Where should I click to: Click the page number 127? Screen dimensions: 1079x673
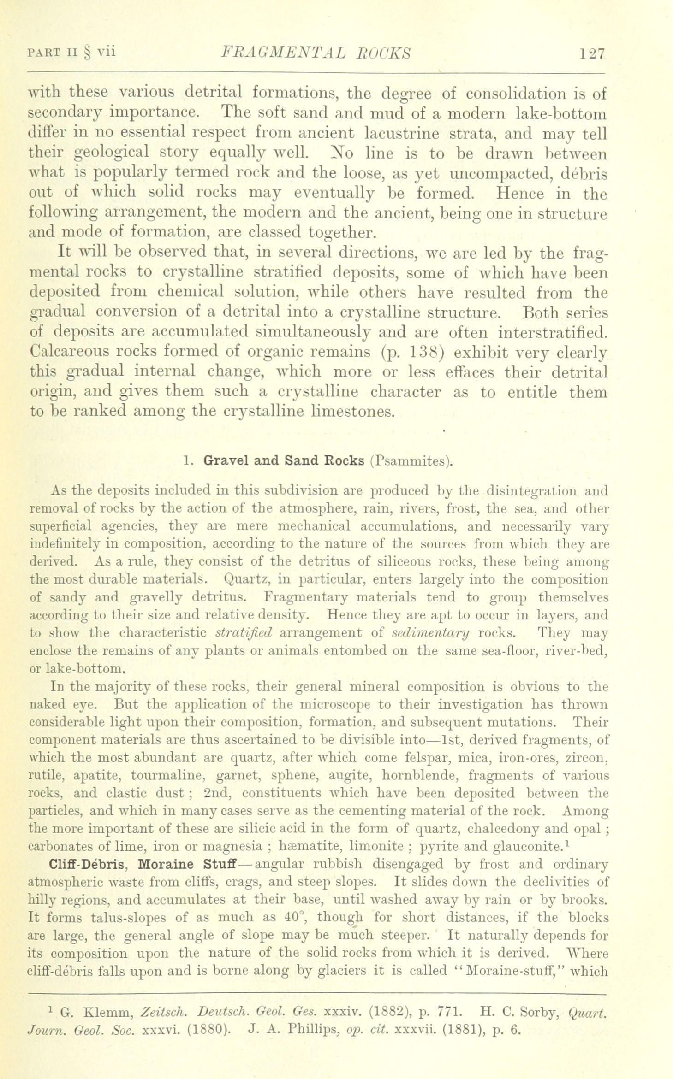click(x=592, y=53)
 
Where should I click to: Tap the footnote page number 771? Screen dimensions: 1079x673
click(x=447, y=1013)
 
